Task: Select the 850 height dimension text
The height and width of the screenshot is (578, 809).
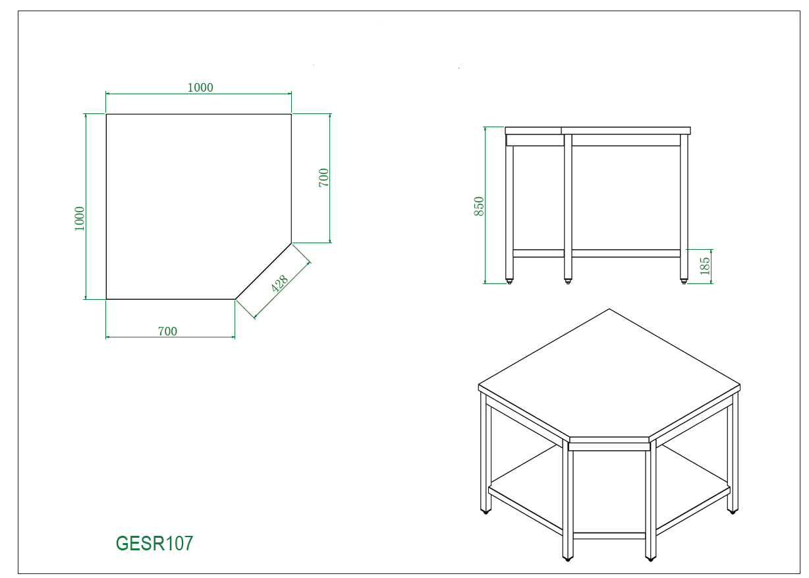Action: coord(479,206)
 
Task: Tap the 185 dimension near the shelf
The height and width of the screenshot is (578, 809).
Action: coord(705,266)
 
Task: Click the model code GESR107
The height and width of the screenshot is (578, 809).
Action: coord(155,544)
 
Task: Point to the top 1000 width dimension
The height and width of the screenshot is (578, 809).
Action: coord(200,88)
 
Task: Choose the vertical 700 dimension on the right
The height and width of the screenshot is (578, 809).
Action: coord(323,178)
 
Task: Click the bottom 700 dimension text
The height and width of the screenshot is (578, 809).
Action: coord(167,332)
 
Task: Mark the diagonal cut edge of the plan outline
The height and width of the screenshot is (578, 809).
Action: coord(264,271)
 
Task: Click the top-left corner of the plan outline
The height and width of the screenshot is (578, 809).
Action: coord(107,114)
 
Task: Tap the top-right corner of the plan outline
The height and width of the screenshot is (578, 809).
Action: coord(291,114)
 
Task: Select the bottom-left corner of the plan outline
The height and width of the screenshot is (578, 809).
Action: coord(107,299)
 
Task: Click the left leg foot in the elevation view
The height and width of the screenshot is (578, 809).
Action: coord(510,281)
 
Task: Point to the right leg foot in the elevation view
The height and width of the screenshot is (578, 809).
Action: coord(684,281)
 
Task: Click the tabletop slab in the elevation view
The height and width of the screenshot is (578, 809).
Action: coord(598,130)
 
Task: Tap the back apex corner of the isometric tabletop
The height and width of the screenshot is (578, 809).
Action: coord(609,310)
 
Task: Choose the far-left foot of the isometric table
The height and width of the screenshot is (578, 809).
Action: coord(486,511)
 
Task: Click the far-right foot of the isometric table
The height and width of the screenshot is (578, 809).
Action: coord(733,511)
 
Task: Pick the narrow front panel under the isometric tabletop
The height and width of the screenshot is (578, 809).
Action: coord(609,446)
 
